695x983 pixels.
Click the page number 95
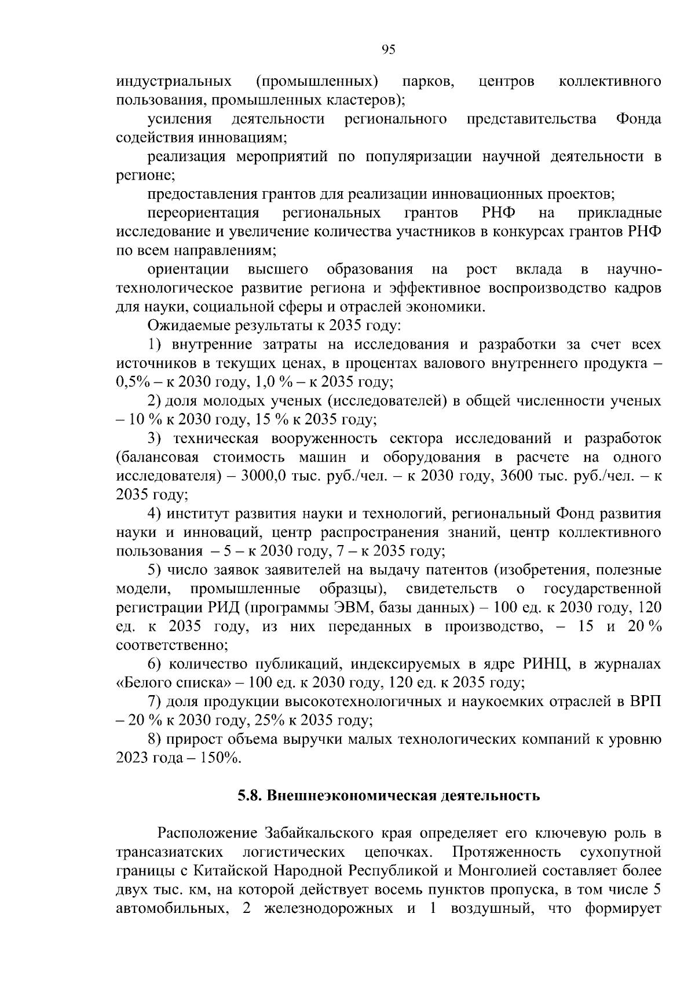coord(389,50)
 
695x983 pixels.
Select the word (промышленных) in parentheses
coord(317,82)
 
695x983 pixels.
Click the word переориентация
coord(203,213)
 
